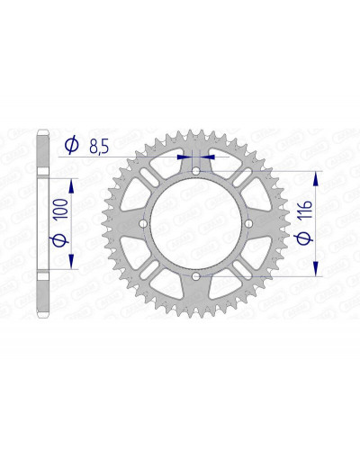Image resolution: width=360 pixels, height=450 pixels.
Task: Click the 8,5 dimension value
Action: (99, 147)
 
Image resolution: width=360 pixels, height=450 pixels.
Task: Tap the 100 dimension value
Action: (61, 210)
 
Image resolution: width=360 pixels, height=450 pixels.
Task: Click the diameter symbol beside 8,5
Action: (72, 145)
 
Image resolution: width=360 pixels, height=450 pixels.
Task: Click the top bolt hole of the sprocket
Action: (195, 171)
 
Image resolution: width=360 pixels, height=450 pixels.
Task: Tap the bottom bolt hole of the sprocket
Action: (195, 275)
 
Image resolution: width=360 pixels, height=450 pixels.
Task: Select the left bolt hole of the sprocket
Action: (143, 223)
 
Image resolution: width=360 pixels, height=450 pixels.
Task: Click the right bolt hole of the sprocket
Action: (248, 223)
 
